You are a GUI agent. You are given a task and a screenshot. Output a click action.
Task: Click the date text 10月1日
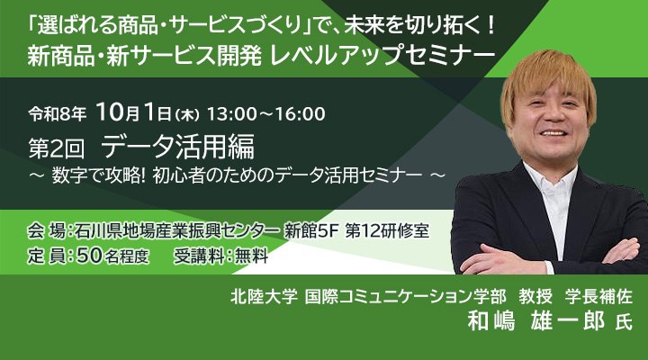click(x=133, y=112)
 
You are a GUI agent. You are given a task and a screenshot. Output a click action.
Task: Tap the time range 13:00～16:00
click(x=266, y=114)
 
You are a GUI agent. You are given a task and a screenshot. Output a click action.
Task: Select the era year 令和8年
click(x=58, y=114)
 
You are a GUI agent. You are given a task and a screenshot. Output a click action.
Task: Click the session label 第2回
click(x=56, y=148)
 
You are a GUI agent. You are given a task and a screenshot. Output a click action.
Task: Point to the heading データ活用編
click(x=177, y=147)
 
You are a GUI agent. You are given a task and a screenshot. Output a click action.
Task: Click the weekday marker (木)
click(x=187, y=115)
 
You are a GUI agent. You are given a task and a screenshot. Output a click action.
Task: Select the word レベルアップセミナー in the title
click(x=382, y=56)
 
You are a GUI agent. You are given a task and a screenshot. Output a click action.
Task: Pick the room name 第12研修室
click(x=387, y=231)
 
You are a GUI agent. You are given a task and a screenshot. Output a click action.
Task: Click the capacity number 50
click(x=89, y=256)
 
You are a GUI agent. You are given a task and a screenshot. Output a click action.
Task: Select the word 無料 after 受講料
click(x=252, y=256)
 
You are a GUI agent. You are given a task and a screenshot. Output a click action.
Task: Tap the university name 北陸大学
click(x=264, y=297)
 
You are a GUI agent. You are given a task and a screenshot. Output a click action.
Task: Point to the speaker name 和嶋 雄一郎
click(x=536, y=320)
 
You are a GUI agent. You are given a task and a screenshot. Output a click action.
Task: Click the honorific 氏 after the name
click(x=624, y=322)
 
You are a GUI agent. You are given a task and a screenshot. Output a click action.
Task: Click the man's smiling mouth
click(x=553, y=133)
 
